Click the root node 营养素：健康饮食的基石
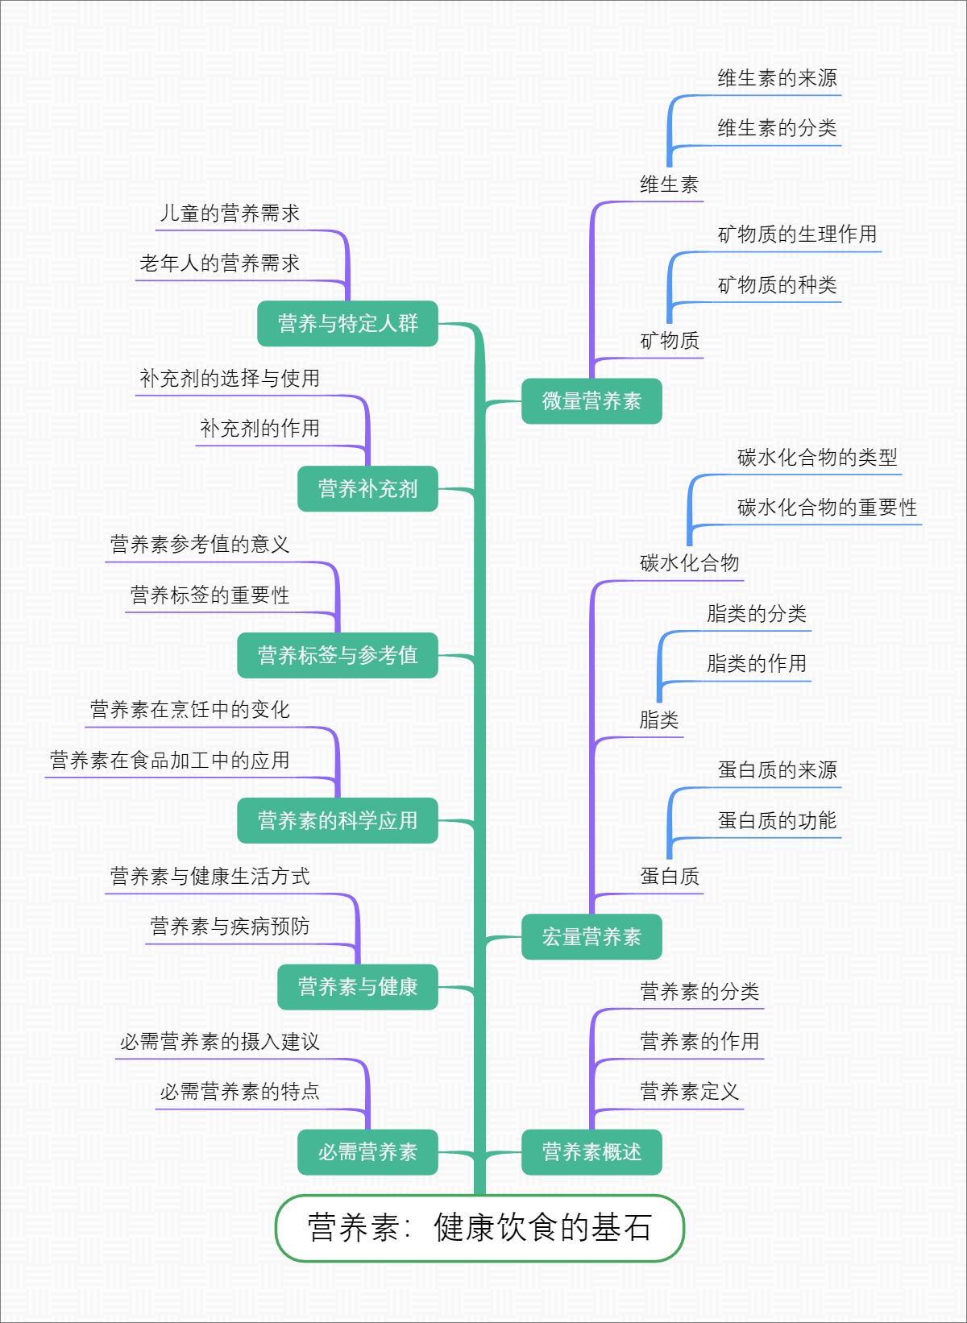479,1227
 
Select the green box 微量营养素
591,400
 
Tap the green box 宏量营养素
591,936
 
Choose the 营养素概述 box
591,1151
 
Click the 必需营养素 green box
367,1151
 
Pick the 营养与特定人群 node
347,323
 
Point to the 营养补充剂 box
367,488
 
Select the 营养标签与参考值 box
338,655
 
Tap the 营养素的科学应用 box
338,820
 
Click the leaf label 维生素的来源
777,78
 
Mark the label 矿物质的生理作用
797,234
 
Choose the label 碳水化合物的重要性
827,508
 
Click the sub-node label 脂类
659,720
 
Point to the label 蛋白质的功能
777,820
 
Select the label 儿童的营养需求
230,214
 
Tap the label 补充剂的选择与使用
230,379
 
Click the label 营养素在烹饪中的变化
190,710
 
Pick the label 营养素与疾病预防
230,927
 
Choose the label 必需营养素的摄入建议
220,1042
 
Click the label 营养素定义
689,1092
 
